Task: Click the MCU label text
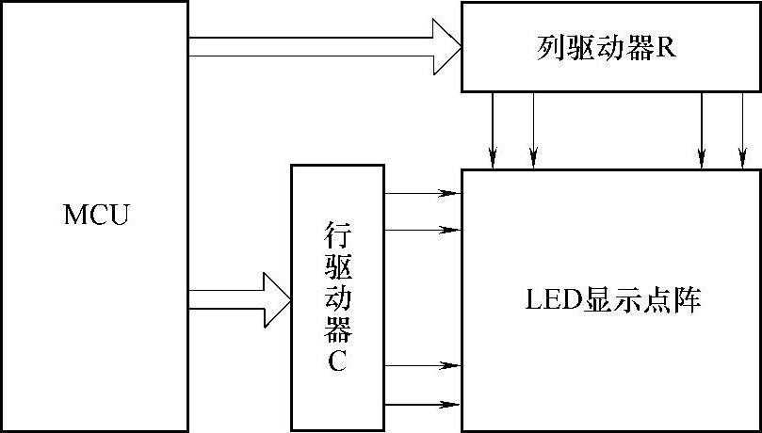coord(96,215)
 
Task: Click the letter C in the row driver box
coord(337,361)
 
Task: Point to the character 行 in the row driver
coord(337,233)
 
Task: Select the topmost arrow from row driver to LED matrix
coord(422,194)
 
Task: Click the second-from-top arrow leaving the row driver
coord(422,228)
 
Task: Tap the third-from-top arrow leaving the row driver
coord(422,364)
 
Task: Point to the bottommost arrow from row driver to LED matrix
coord(422,404)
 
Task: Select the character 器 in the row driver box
coord(337,329)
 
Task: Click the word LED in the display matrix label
coord(547,302)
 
